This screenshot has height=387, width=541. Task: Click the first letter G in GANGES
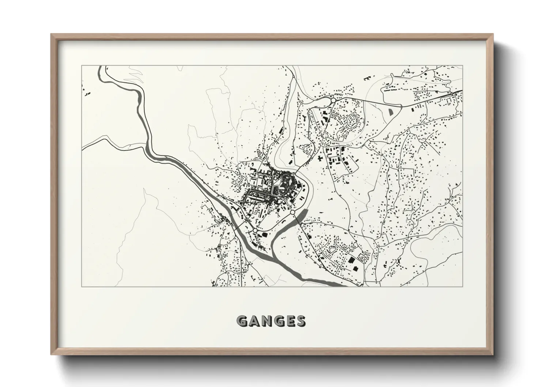(243, 321)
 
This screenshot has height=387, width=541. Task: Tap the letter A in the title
(254, 321)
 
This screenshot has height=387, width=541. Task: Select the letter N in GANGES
(266, 321)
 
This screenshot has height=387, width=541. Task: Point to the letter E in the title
(290, 321)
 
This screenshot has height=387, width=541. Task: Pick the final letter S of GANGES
(301, 321)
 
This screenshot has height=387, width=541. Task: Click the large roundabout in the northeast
(333, 100)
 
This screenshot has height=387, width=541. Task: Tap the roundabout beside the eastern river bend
(292, 212)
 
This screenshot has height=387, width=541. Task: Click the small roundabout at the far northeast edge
(453, 94)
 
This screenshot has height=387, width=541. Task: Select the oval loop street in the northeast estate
(352, 120)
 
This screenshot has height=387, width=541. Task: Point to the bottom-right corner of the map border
(463, 286)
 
